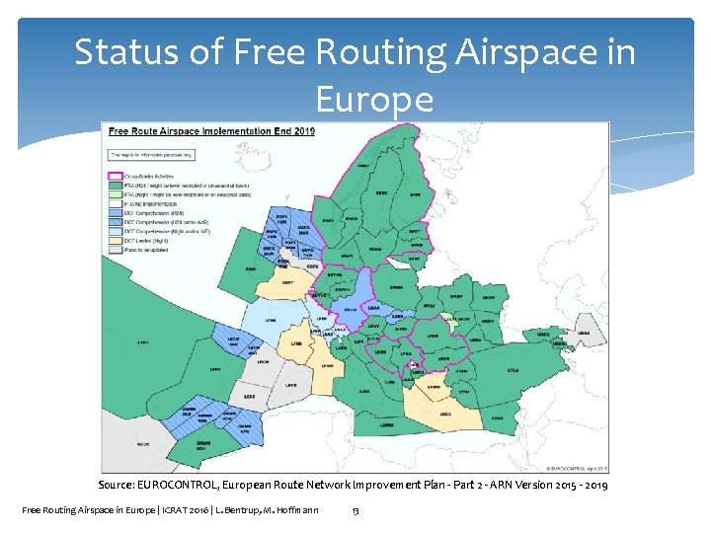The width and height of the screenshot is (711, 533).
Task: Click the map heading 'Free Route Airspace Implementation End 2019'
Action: click(210, 131)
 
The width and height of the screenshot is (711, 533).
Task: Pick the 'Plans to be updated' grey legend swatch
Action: click(115, 250)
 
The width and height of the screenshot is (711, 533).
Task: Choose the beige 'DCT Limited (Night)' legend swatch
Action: click(115, 241)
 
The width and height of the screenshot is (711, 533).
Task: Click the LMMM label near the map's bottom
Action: click(386, 424)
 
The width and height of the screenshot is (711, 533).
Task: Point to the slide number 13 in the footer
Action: click(355, 509)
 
